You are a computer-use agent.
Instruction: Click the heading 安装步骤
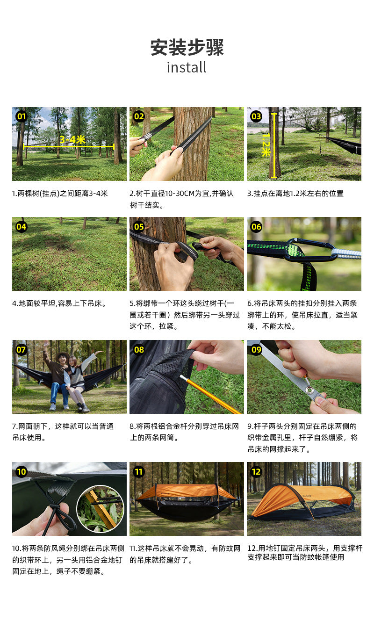coord(187,47)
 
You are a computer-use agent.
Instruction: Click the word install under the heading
coord(187,67)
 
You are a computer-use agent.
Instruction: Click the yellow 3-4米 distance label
coord(72,140)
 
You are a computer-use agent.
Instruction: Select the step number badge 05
coord(139,227)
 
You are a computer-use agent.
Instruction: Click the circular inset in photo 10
coord(101,509)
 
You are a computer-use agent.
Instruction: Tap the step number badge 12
coord(256,472)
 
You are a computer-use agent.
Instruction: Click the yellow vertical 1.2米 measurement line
coord(274,145)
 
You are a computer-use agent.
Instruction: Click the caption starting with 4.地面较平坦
coord(59,303)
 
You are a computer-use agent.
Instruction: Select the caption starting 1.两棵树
coord(60,193)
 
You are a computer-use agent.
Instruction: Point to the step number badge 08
coord(139,349)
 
